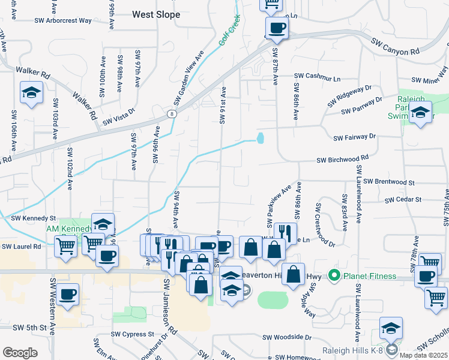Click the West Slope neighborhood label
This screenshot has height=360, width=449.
[155, 14]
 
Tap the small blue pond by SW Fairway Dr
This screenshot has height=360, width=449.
[260, 139]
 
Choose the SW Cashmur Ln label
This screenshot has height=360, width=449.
[317, 77]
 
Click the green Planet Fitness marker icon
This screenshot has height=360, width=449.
[334, 277]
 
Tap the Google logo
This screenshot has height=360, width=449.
[20, 352]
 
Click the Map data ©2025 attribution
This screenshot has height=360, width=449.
[423, 355]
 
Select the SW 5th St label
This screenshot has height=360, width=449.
[23, 328]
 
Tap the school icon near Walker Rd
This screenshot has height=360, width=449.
[31, 93]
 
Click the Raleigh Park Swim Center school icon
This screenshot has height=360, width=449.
[420, 113]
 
